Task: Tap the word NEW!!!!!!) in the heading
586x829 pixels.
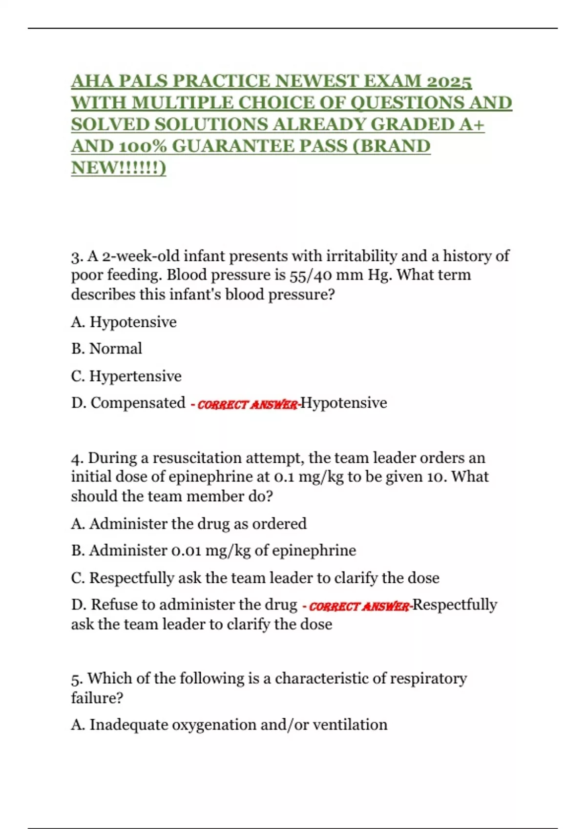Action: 119,168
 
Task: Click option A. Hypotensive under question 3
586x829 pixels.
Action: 124,322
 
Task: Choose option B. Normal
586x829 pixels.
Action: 107,349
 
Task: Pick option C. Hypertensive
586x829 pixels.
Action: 126,376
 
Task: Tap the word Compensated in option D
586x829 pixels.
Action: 138,403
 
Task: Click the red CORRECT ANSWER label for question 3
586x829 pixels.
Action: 247,405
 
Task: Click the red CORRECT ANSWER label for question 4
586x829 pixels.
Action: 359,607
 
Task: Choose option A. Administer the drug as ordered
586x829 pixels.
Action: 189,524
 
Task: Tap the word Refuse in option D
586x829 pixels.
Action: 114,605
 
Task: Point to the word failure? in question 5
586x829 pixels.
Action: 97,698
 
